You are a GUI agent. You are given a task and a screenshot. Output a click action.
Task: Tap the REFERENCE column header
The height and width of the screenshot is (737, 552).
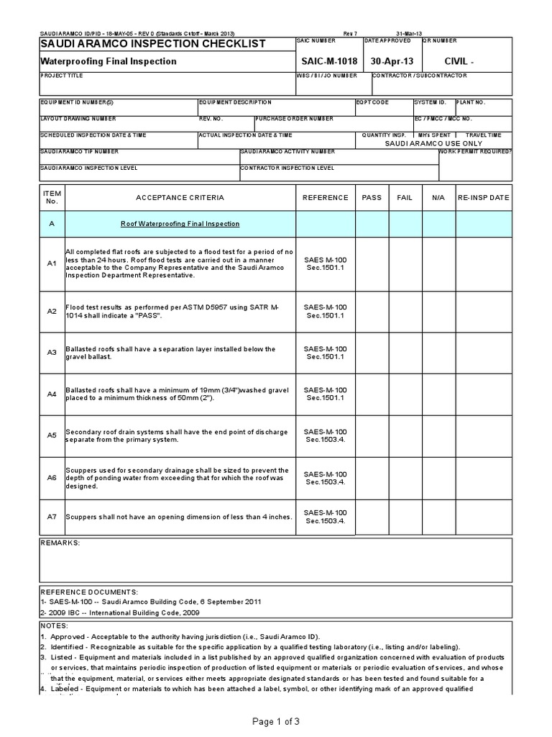tap(325, 197)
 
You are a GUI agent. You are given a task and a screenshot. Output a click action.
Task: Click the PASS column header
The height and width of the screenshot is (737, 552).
tap(372, 197)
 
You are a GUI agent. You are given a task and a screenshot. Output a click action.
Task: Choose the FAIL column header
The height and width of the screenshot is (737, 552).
tap(405, 197)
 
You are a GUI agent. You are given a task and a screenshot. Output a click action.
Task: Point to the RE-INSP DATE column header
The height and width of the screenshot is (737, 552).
tap(483, 197)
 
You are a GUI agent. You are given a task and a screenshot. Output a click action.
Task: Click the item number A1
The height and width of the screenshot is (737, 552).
tap(51, 264)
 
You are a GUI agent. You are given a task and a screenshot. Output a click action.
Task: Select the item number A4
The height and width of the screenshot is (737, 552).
tap(51, 394)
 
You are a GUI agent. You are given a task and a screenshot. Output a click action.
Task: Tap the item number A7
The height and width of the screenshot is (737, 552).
tap(51, 516)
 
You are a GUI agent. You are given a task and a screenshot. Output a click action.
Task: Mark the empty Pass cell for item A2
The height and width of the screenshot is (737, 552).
tap(372, 311)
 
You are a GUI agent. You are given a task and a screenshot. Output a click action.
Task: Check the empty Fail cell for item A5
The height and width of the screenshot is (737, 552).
tap(405, 435)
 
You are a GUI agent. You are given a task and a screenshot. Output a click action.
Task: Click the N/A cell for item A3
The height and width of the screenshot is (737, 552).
tap(438, 353)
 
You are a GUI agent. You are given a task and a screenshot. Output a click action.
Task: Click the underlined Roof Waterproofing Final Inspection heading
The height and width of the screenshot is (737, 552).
tap(180, 224)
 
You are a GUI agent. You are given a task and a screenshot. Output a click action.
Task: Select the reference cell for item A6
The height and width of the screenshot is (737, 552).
tap(325, 478)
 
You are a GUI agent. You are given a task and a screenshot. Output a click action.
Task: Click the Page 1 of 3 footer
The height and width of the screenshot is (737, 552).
tap(276, 721)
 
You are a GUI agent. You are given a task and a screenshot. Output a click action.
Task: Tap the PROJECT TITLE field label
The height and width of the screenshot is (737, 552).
tap(62, 76)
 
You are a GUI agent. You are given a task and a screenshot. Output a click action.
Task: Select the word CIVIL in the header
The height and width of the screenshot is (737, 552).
tap(459, 62)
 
